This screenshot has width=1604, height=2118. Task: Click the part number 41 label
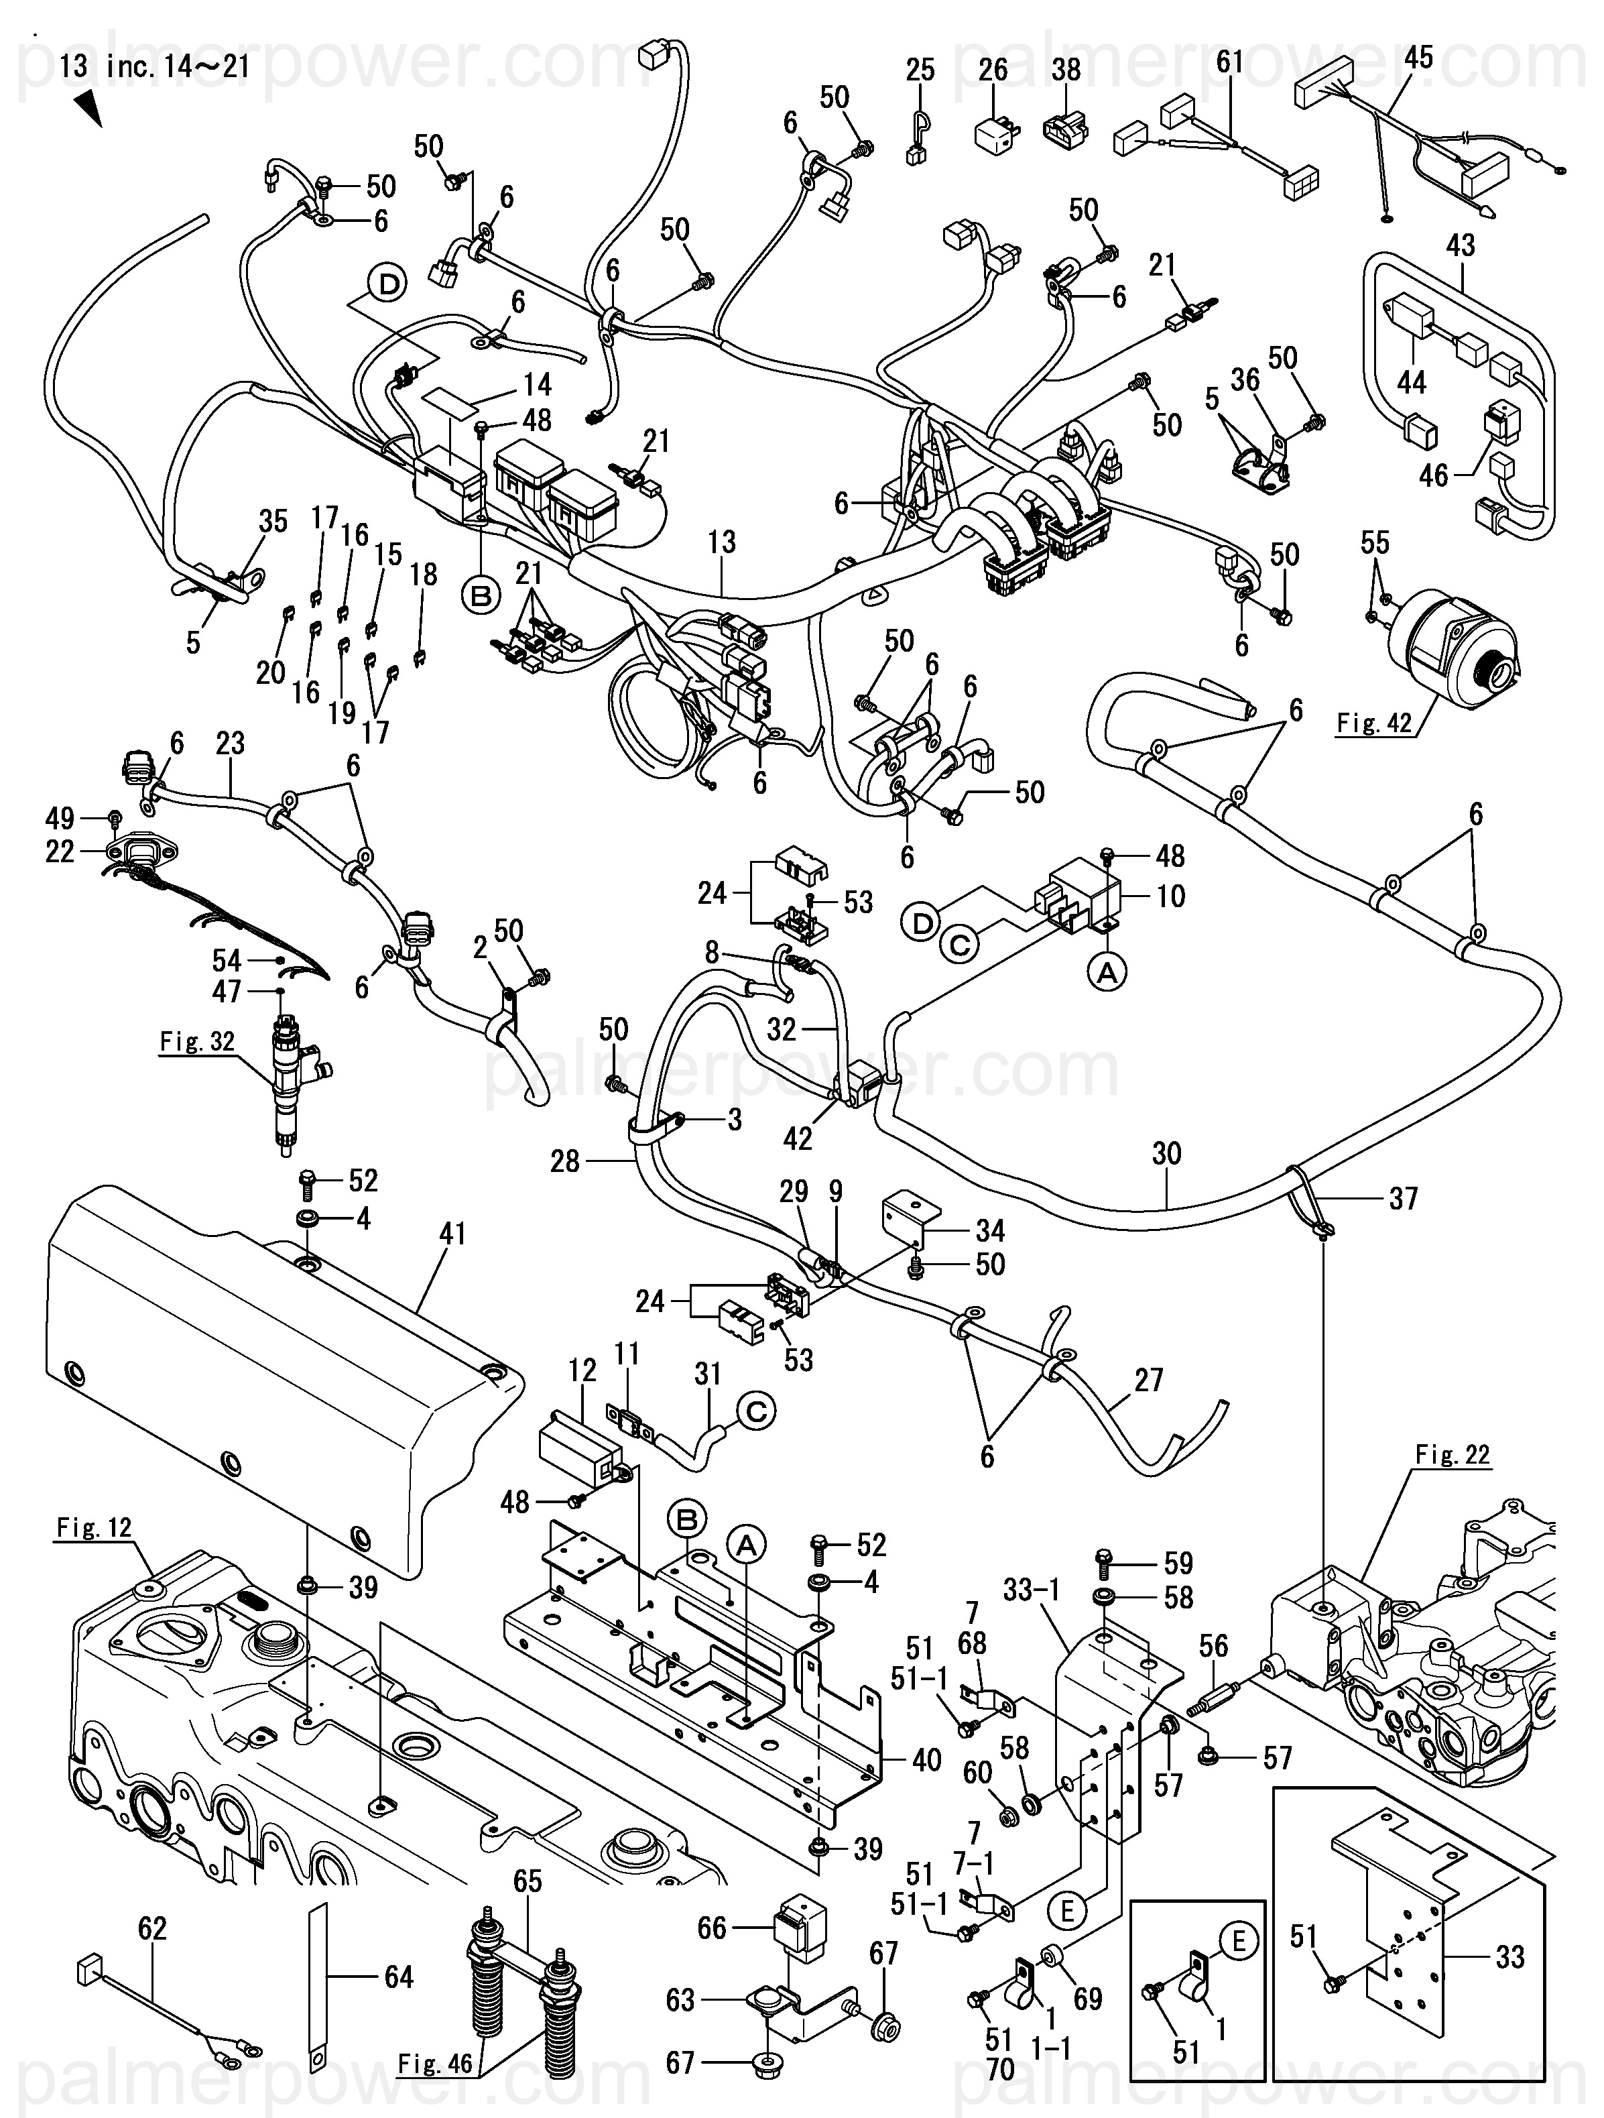coord(452,1233)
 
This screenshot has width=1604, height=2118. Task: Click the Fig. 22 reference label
coord(1453,1454)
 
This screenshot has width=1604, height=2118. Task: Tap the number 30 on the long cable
coord(1166,1154)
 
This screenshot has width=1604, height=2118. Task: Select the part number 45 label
coord(1418,58)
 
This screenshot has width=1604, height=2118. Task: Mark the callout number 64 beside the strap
coord(398,1977)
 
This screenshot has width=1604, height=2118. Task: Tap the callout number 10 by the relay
coord(1170,896)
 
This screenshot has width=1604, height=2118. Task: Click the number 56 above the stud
coord(1213,1646)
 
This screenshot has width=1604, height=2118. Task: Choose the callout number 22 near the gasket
coord(60,851)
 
